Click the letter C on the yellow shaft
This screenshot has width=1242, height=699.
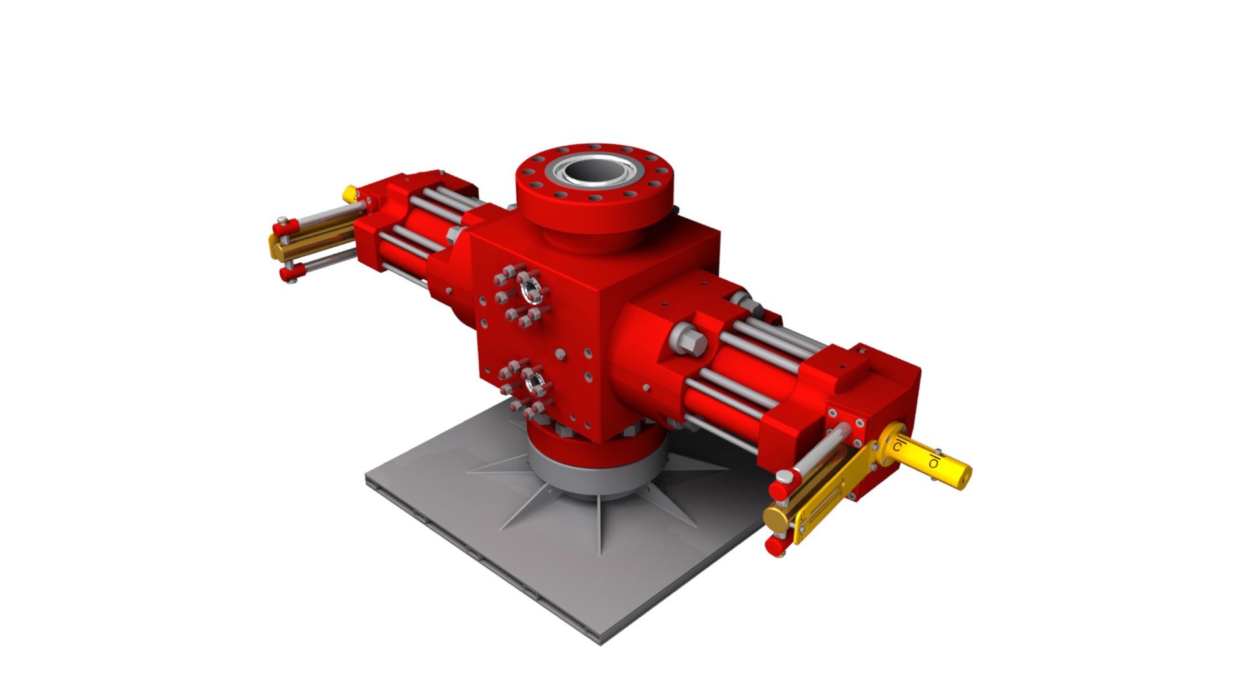pos(898,447)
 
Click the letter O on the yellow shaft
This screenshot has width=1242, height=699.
pos(933,462)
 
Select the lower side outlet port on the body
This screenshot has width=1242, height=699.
pos(534,383)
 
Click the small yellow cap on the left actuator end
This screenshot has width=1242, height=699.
pos(350,194)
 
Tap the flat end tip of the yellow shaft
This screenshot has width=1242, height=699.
pos(963,477)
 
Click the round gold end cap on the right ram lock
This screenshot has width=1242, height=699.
pos(774,519)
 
